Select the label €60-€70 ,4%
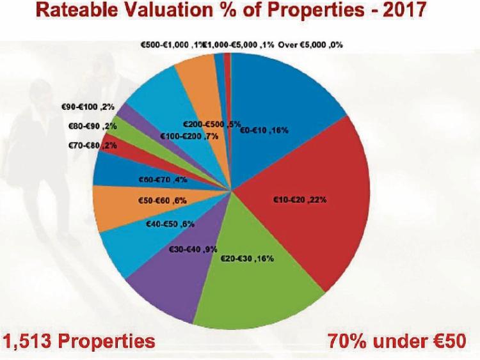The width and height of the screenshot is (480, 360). (x=163, y=180)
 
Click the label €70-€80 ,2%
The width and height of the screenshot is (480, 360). (x=92, y=146)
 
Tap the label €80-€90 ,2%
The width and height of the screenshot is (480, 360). (x=92, y=127)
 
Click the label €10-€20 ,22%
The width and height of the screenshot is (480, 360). (x=300, y=200)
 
